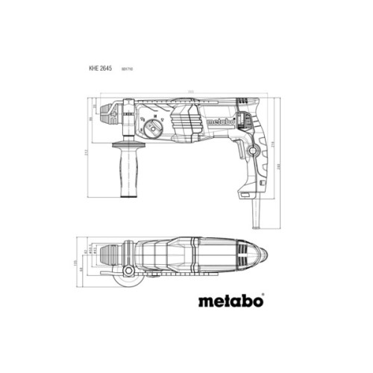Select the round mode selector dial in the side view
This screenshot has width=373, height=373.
point(154,128)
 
